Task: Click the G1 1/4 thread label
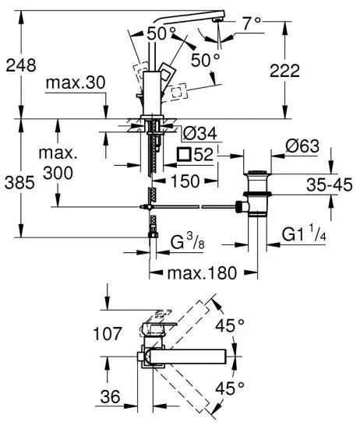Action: tap(309, 233)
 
